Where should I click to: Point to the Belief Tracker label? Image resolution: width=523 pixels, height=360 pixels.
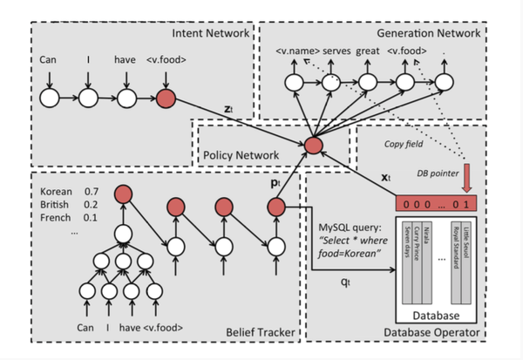click(259, 332)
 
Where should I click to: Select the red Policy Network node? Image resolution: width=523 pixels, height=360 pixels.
click(314, 144)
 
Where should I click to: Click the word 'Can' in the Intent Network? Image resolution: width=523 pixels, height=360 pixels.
click(48, 60)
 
